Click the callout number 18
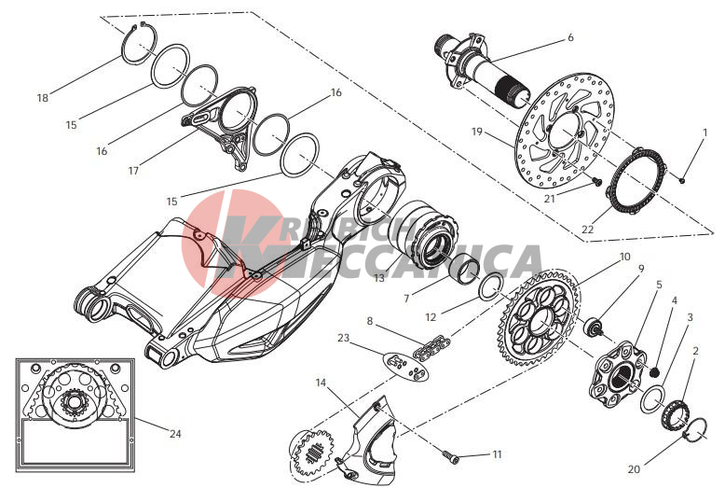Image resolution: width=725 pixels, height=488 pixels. click(x=42, y=98)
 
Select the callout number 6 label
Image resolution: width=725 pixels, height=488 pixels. click(x=570, y=38)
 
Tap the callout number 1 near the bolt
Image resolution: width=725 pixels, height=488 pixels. click(x=704, y=133)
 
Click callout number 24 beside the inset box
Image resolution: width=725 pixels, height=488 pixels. click(x=175, y=433)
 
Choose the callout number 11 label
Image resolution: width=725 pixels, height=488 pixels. click(x=497, y=454)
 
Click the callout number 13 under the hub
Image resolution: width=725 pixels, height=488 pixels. click(x=378, y=279)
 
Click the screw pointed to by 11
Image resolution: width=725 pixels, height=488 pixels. click(x=452, y=456)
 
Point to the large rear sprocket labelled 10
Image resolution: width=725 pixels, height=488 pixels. click(x=540, y=317)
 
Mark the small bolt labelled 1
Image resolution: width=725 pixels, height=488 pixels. click(x=683, y=179)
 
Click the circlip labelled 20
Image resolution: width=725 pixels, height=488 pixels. click(x=692, y=429)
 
